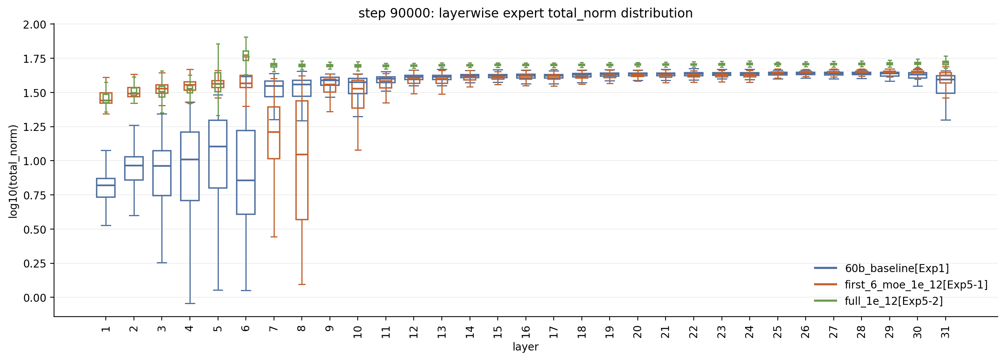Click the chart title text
click(526, 13)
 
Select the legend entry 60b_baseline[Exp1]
click(897, 268)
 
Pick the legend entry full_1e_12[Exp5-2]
click(894, 301)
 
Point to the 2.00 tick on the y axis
click(34, 25)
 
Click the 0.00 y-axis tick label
click(34, 298)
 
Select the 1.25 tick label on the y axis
click(34, 127)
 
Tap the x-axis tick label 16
click(526, 331)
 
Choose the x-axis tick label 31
click(945, 331)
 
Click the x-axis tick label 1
click(106, 329)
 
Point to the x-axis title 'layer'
click(526, 347)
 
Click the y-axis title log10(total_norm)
click(13, 171)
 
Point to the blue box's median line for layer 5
click(218, 146)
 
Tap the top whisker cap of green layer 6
click(246, 37)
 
